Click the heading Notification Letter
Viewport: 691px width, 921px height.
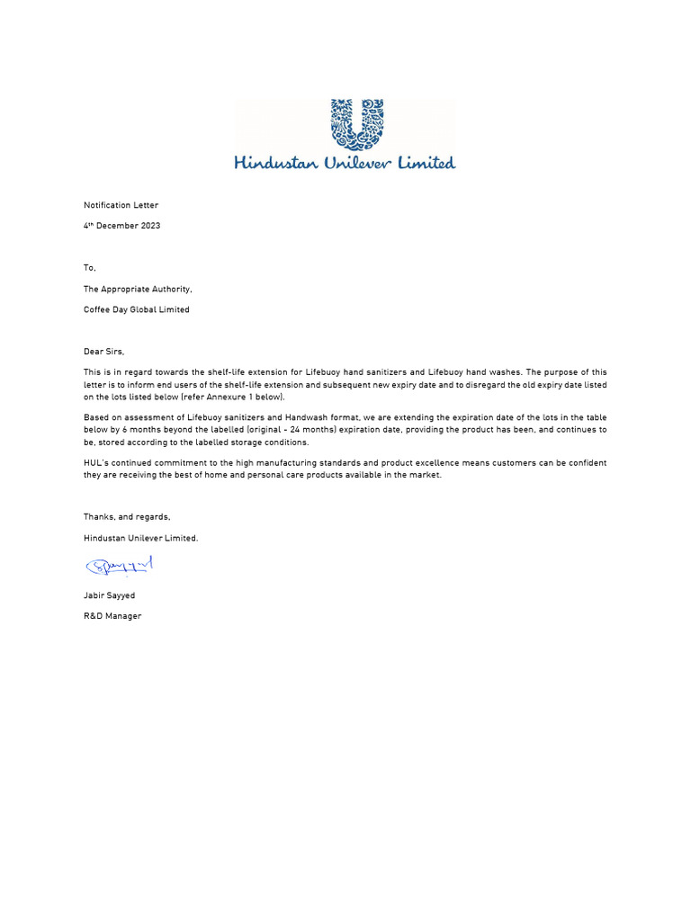[121, 205]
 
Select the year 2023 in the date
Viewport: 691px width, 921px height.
[149, 226]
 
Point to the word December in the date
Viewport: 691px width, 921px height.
[118, 226]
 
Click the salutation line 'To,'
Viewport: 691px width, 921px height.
[89, 268]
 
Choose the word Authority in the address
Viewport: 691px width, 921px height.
[169, 289]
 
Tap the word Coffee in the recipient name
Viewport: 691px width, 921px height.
[97, 309]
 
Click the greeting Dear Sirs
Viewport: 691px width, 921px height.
[103, 351]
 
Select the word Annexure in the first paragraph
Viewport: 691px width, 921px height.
[238, 397]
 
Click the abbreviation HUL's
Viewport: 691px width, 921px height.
[96, 462]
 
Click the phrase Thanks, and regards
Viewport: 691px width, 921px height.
[127, 516]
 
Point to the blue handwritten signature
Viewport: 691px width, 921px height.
[120, 566]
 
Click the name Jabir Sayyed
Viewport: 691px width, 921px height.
[109, 595]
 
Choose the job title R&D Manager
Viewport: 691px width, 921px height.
[112, 616]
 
